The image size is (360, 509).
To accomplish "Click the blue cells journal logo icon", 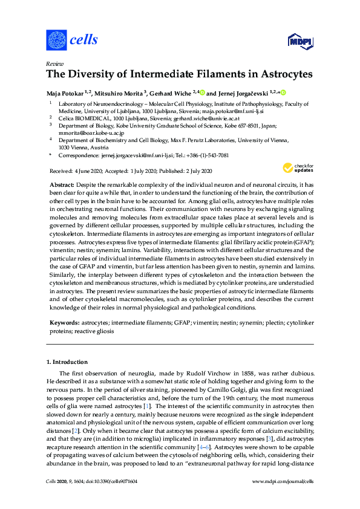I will pos(56,41).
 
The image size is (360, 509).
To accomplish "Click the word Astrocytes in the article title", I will pos(286,76).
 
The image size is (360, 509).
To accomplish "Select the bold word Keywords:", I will pos(63,324).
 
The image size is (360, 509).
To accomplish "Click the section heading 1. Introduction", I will pos(68,362).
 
